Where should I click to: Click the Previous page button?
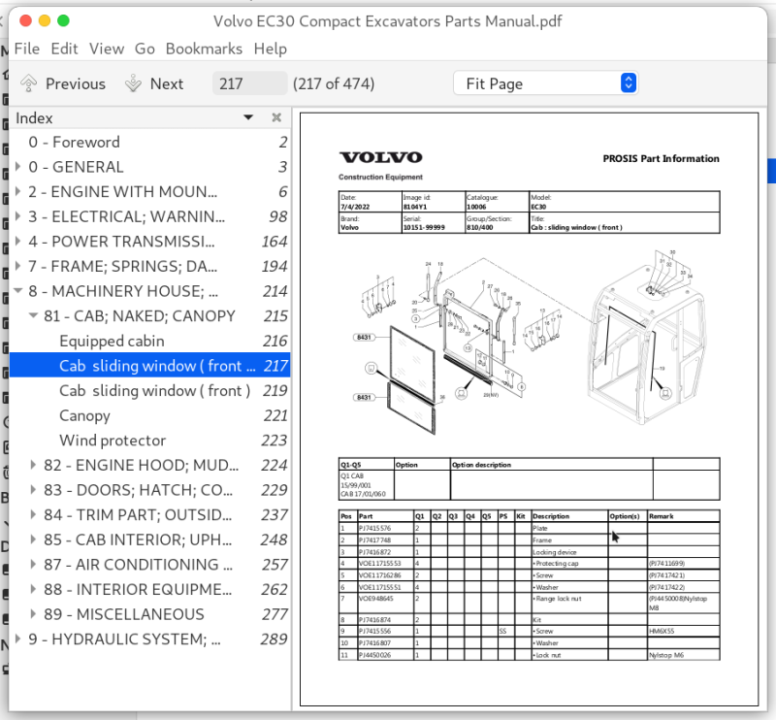pyautogui.click(x=63, y=83)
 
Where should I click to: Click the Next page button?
pyautogui.click(x=154, y=83)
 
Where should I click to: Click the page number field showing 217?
pyautogui.click(x=249, y=83)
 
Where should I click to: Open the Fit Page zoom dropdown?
pyautogui.click(x=545, y=83)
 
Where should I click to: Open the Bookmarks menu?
pyautogui.click(x=204, y=49)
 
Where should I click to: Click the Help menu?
pyautogui.click(x=270, y=49)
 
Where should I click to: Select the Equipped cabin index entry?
pyautogui.click(x=112, y=341)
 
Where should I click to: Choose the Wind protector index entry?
pyautogui.click(x=113, y=441)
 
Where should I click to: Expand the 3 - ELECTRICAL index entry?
pyautogui.click(x=19, y=216)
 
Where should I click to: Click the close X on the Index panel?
pyautogui.click(x=276, y=117)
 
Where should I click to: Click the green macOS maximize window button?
pyautogui.click(x=64, y=20)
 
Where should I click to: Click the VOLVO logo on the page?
pyautogui.click(x=380, y=158)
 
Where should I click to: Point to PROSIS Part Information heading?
pyautogui.click(x=661, y=159)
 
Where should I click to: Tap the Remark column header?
pyautogui.click(x=661, y=516)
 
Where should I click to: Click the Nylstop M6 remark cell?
pyautogui.click(x=667, y=656)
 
